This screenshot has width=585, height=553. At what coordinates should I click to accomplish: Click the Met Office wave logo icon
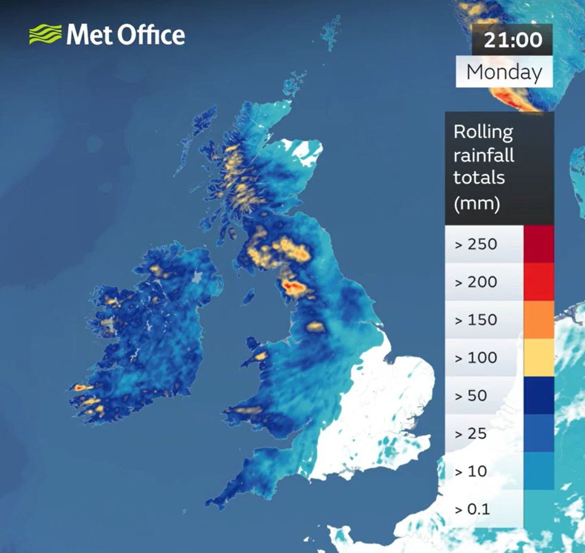pyautogui.click(x=45, y=34)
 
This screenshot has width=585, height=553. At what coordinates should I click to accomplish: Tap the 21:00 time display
pyautogui.click(x=513, y=40)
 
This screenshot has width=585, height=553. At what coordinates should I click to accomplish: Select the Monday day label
pyautogui.click(x=504, y=72)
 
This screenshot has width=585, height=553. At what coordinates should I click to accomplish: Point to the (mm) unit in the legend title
pyautogui.click(x=476, y=204)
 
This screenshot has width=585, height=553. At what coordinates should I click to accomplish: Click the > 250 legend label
pyautogui.click(x=476, y=244)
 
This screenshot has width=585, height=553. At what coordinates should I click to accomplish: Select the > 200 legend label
pyautogui.click(x=476, y=282)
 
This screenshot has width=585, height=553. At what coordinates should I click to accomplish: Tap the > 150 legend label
pyautogui.click(x=476, y=320)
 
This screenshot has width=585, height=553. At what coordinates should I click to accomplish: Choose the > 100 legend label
pyautogui.click(x=476, y=358)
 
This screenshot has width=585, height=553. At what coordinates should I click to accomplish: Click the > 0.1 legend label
pyautogui.click(x=472, y=509)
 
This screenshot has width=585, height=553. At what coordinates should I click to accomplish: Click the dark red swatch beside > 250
pyautogui.click(x=538, y=244)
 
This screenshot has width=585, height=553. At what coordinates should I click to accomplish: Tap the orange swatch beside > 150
pyautogui.click(x=538, y=320)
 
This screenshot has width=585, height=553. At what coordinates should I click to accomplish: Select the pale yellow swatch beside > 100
pyautogui.click(x=538, y=358)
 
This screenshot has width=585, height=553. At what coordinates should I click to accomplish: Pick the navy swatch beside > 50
pyautogui.click(x=538, y=396)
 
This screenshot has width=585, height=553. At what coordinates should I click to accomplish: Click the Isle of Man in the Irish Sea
pyautogui.click(x=248, y=296)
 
